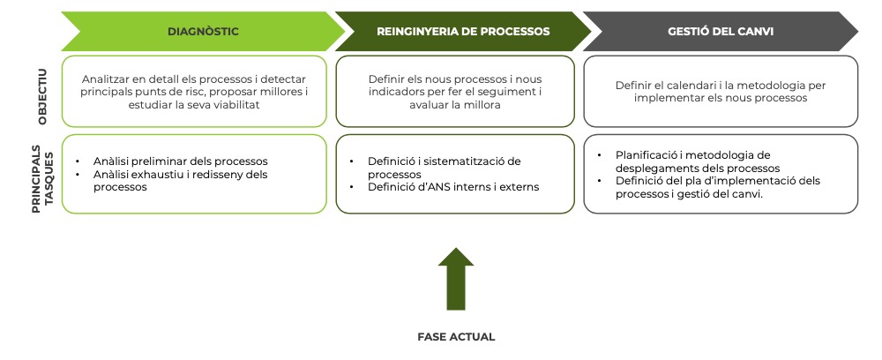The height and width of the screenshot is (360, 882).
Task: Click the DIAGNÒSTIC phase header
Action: [x=203, y=32]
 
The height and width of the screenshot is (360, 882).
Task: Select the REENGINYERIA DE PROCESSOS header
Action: [x=463, y=32]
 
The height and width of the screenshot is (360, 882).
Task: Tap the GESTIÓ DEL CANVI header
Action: [x=715, y=32]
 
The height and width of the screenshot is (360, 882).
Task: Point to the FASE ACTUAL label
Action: [x=456, y=336]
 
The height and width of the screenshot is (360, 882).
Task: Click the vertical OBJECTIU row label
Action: [x=42, y=93]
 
